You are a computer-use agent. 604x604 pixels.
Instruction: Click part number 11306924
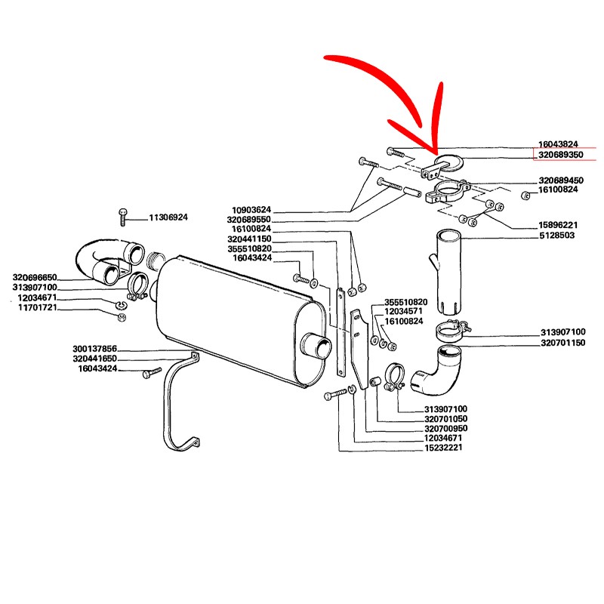[168, 217]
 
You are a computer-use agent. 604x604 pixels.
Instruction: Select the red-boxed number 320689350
[560, 155]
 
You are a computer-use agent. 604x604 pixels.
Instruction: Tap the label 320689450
[561, 180]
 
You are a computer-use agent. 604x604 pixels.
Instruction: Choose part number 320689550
[248, 219]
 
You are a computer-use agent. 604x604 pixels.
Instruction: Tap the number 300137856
[94, 349]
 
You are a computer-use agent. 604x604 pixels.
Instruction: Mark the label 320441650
[94, 358]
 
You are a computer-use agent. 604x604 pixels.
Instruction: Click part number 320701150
[563, 342]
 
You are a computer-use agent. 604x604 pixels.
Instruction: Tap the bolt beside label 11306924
[123, 217]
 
